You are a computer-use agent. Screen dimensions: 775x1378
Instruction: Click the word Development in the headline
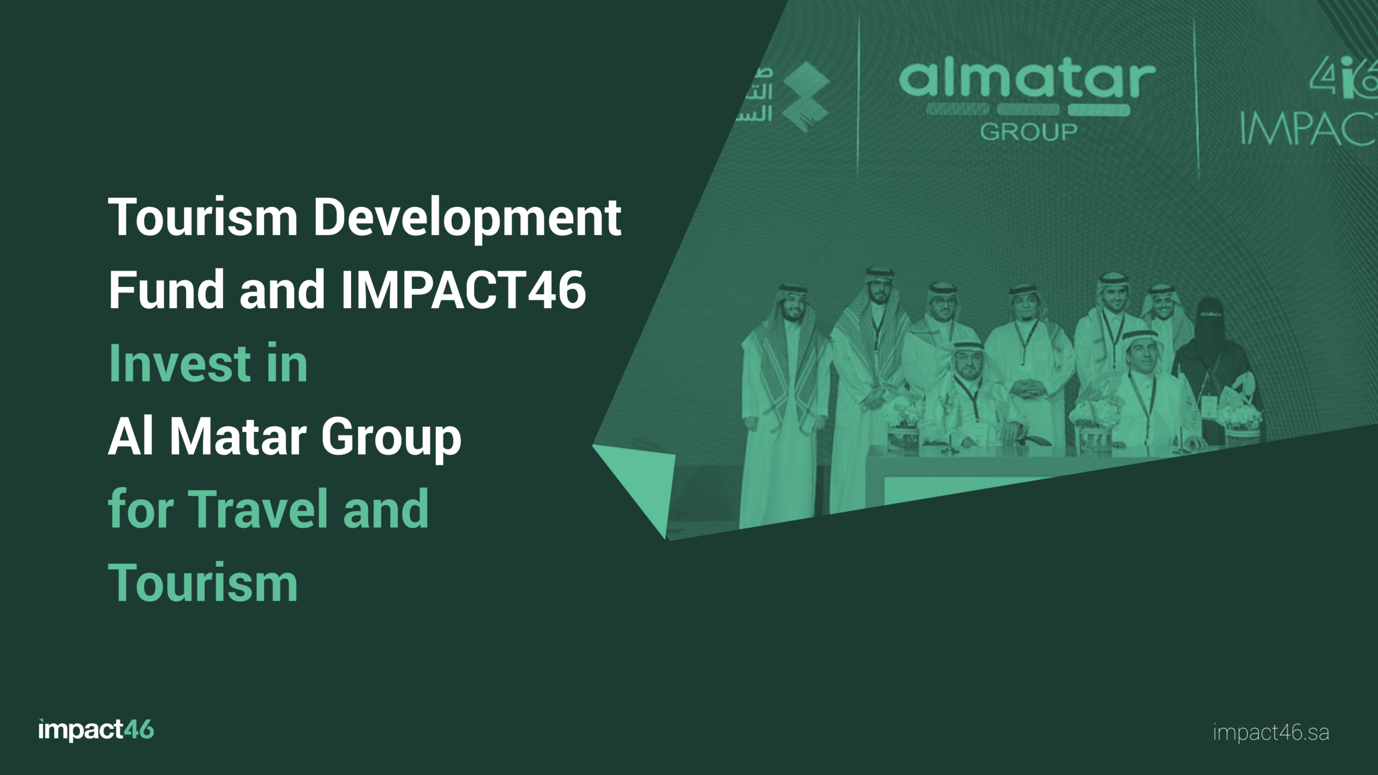pos(467,218)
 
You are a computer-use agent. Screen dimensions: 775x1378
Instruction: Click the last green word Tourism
pos(203,582)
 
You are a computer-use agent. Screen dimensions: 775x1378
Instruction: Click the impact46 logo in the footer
pos(96,730)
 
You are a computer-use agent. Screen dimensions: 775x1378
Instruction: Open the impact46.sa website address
pos(1271,732)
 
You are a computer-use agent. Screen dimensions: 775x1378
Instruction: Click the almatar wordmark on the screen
pos(1027,81)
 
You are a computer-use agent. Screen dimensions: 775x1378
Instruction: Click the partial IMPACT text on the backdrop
pos(1308,129)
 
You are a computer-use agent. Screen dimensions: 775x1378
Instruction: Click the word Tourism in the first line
pos(203,218)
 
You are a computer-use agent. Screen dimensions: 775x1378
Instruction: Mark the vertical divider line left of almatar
pos(858,97)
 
